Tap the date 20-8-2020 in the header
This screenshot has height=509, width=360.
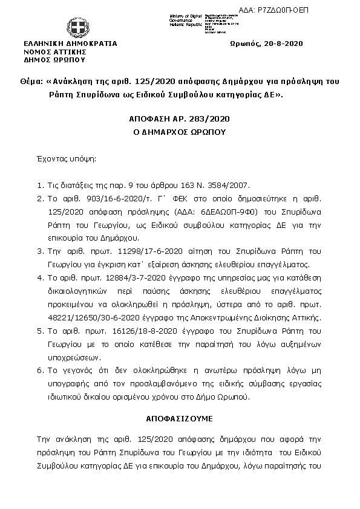281,44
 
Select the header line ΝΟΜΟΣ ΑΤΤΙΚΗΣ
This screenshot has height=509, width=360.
50,52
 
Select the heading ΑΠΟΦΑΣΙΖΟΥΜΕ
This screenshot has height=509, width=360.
179,418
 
